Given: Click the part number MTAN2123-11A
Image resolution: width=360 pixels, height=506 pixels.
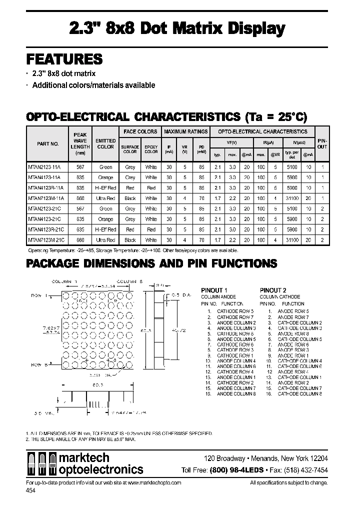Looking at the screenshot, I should pyautogui.click(x=44, y=167).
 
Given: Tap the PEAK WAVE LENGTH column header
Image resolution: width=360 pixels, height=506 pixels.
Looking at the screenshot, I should pyautogui.click(x=80, y=144).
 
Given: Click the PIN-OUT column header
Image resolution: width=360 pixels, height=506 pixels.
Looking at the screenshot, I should pyautogui.click(x=322, y=144).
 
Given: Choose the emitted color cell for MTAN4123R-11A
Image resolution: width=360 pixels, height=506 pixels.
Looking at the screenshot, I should pyautogui.click(x=105, y=188).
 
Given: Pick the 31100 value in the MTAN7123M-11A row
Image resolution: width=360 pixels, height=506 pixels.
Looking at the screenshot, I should pyautogui.click(x=291, y=198).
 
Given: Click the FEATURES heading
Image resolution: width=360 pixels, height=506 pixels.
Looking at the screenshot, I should pyautogui.click(x=64, y=59).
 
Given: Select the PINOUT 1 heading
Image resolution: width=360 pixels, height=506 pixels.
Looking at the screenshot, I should pyautogui.click(x=214, y=290).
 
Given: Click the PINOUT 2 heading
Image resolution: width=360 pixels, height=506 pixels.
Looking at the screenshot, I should pyautogui.click(x=273, y=290).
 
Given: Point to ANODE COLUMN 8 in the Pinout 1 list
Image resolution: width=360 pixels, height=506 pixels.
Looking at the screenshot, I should pyautogui.click(x=236, y=394).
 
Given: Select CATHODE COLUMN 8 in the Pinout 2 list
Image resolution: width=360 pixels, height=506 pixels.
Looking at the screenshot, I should pyautogui.click(x=299, y=394).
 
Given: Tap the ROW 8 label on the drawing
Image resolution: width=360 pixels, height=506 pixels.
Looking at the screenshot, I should pyautogui.click(x=39, y=364).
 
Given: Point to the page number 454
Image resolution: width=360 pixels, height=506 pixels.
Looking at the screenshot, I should pyautogui.click(x=30, y=491).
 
